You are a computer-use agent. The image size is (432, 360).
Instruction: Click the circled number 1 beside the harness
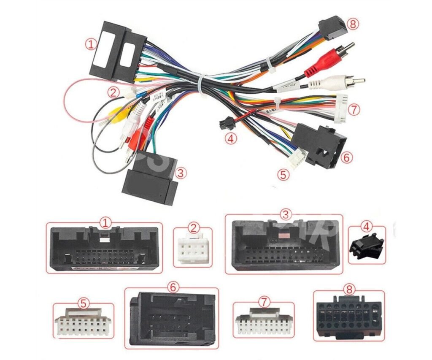pyautogui.click(x=90, y=43)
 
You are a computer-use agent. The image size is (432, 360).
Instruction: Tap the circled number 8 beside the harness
pyautogui.click(x=353, y=24)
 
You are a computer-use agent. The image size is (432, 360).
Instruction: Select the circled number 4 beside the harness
pyautogui.click(x=230, y=138)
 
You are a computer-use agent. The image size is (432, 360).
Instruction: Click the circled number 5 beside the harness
pyautogui.click(x=282, y=173)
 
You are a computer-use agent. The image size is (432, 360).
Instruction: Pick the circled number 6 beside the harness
pyautogui.click(x=346, y=157)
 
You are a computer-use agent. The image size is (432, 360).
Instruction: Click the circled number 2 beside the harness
pyautogui.click(x=112, y=92)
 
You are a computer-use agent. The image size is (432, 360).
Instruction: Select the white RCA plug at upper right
pyautogui.click(x=333, y=81)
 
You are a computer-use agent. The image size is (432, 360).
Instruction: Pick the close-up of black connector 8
pyautogui.click(x=348, y=317)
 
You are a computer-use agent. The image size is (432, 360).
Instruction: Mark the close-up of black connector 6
pyautogui.click(x=172, y=319)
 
